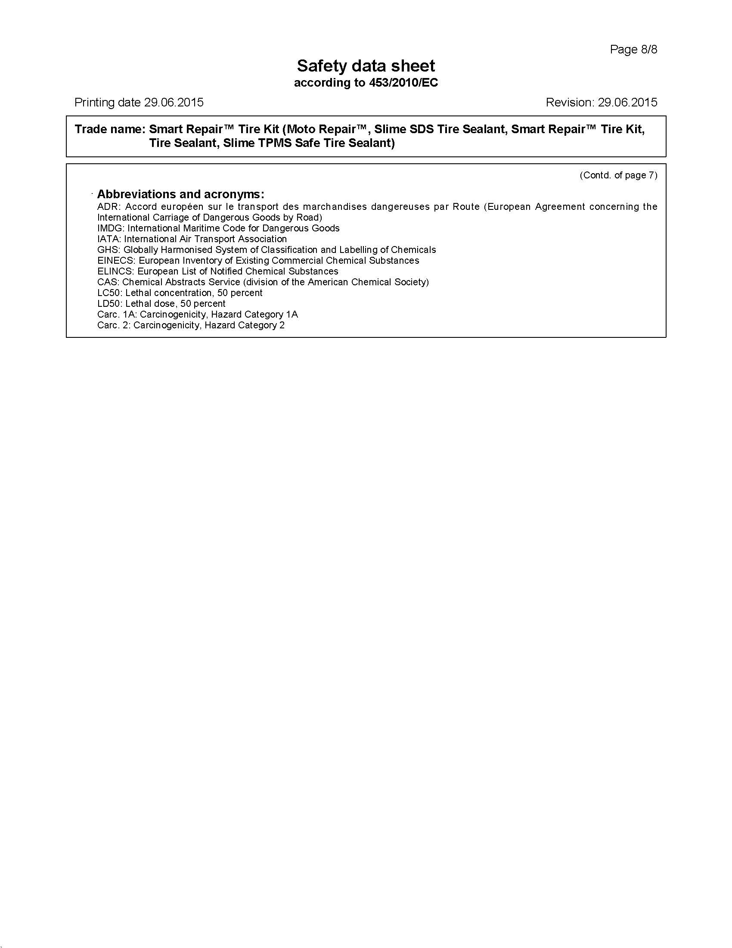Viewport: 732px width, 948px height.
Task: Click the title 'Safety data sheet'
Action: point(366,66)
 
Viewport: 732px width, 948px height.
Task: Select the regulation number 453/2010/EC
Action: point(403,83)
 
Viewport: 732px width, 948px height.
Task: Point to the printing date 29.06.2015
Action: point(174,103)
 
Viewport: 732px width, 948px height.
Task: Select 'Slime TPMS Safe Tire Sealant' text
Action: point(309,143)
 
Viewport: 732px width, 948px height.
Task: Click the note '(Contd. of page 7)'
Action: point(618,175)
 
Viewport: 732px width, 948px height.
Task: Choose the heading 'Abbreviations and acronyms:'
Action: point(180,194)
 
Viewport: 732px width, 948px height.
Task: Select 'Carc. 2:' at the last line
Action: point(113,325)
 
